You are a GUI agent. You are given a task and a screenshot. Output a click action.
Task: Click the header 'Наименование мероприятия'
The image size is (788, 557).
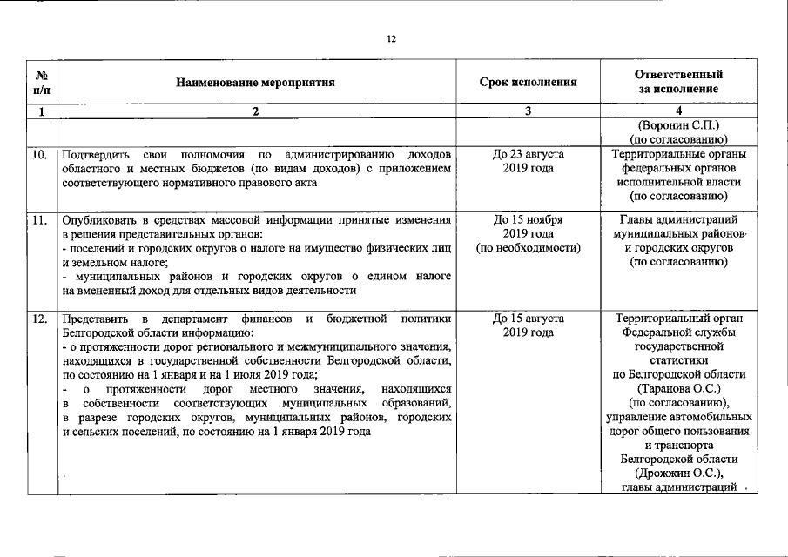(x=255, y=83)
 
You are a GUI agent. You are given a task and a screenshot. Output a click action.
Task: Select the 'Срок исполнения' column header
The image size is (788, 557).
(x=529, y=83)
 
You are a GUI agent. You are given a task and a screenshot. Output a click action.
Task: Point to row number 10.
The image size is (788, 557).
(x=39, y=155)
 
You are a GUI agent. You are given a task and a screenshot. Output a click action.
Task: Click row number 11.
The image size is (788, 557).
(x=39, y=219)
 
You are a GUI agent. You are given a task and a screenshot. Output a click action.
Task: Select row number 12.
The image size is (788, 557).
(x=39, y=319)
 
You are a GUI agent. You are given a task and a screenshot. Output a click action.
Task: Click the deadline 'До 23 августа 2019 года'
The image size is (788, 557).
(x=529, y=161)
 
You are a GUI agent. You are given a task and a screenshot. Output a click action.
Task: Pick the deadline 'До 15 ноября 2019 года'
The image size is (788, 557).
(x=529, y=226)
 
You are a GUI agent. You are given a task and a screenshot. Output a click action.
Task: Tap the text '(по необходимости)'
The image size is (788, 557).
(x=529, y=248)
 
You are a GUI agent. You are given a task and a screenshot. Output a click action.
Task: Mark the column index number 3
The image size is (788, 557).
(x=529, y=111)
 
